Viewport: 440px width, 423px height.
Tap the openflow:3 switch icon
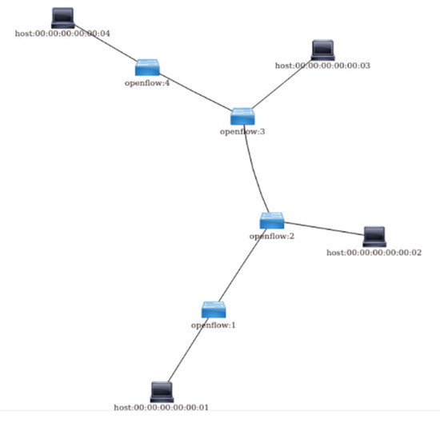(x=242, y=117)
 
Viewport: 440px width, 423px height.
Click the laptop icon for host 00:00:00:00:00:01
(x=162, y=392)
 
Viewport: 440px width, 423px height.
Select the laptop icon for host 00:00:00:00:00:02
(x=374, y=236)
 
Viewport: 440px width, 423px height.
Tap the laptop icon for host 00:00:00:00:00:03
(x=323, y=50)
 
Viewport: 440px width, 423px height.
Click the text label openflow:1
(x=213, y=325)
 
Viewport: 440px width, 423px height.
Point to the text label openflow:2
(x=273, y=236)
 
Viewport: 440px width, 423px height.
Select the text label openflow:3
(x=242, y=132)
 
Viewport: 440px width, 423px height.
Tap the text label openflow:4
(x=147, y=82)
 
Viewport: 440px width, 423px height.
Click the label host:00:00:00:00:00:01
(x=162, y=407)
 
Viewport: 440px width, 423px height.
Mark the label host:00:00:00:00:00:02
(x=374, y=252)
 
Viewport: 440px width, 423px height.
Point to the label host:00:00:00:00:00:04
(x=62, y=33)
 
